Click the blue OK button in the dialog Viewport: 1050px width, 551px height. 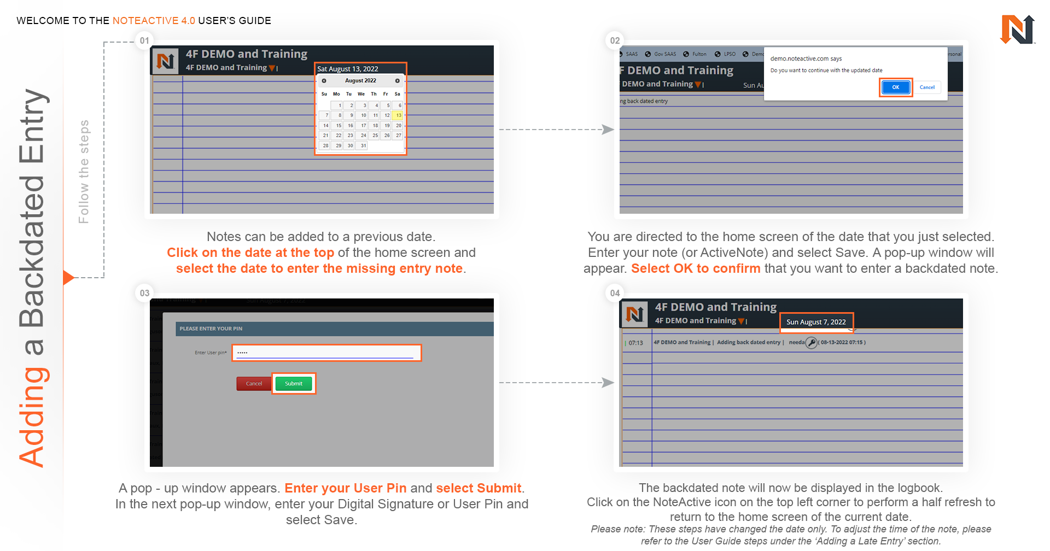click(x=895, y=87)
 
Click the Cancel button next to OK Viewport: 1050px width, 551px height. click(x=927, y=87)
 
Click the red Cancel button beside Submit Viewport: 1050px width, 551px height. click(x=254, y=384)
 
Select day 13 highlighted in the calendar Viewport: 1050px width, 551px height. click(x=399, y=115)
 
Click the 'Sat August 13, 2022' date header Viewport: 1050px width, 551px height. click(x=348, y=69)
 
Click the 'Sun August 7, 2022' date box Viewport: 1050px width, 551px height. click(x=816, y=322)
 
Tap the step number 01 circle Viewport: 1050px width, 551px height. click(x=144, y=40)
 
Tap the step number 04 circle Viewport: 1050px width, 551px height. click(x=615, y=293)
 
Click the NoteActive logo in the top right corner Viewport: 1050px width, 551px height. click(x=1017, y=30)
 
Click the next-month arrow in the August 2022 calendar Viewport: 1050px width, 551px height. click(x=398, y=81)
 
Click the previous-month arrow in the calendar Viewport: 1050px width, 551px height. click(x=324, y=81)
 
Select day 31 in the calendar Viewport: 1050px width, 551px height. click(x=363, y=146)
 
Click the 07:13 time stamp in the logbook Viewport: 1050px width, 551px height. click(x=635, y=343)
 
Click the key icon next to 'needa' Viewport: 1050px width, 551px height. click(x=812, y=343)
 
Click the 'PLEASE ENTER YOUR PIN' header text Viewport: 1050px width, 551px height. click(x=211, y=329)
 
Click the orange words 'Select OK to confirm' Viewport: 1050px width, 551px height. click(x=696, y=268)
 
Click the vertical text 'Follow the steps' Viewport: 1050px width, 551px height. click(x=84, y=172)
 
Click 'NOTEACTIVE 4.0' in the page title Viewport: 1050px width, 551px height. click(x=154, y=21)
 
